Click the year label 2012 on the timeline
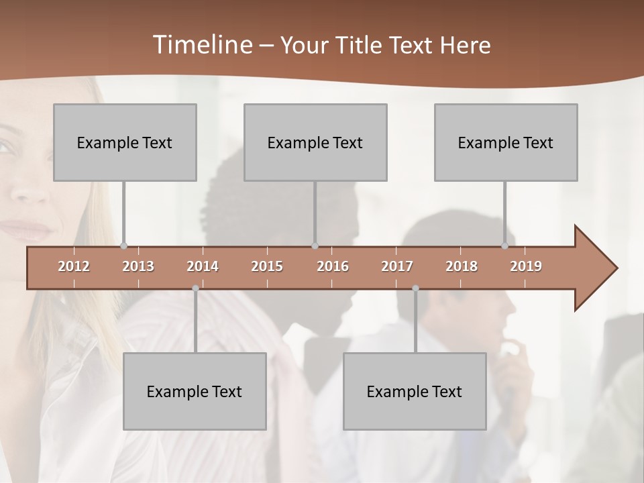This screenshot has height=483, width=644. pos(74,266)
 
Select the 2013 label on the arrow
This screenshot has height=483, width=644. pos(138,266)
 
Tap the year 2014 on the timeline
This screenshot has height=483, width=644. pos(203,266)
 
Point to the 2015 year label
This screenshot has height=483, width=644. pos(267,266)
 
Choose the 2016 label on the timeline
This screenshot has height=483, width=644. pos(333,266)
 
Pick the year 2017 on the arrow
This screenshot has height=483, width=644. pos(397,266)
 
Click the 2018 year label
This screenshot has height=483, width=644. pos(462,266)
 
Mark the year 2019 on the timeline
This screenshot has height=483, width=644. pos(526,266)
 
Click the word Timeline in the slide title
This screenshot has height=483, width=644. pos(201,45)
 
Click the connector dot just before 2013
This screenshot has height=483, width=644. pos(123,246)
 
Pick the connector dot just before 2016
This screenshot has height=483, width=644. pos(315,246)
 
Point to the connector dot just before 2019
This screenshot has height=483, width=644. pos(505,246)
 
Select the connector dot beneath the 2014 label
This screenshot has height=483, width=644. pos(195,288)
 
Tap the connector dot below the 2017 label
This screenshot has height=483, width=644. pos(415,288)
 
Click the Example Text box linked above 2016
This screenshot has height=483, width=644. pos(315,142)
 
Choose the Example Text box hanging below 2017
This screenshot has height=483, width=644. pos(415,391)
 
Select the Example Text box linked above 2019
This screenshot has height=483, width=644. pos(506,142)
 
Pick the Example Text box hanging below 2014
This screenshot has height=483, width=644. pos(195,391)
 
